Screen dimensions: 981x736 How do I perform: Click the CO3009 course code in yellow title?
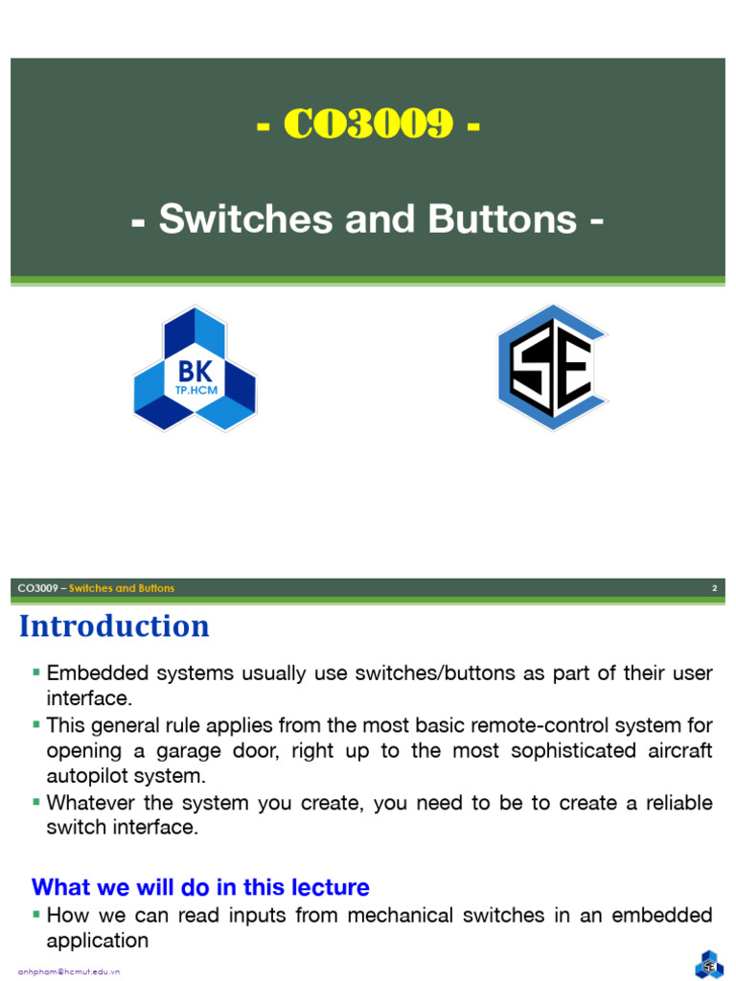368,124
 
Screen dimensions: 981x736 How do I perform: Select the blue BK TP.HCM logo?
195,369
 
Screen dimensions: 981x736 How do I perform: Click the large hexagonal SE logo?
551,367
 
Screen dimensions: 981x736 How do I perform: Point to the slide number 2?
714,588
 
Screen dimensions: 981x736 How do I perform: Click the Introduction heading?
114,627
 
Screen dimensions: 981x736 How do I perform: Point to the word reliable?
675,803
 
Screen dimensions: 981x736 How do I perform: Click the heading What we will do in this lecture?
200,887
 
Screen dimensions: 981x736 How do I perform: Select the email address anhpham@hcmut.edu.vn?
69,971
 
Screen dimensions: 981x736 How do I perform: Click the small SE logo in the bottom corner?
710,964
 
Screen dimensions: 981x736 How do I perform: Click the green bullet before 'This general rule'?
36,724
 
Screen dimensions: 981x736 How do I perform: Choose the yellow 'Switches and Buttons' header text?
122,588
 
